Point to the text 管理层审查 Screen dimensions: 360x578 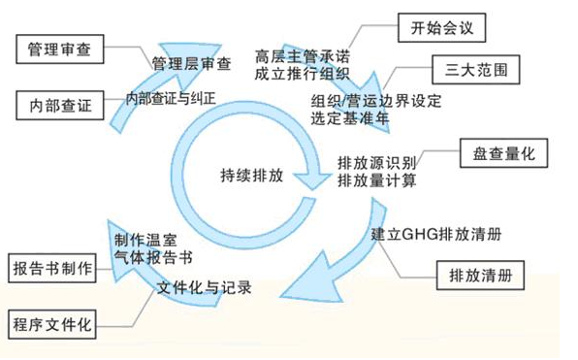[x=192, y=65]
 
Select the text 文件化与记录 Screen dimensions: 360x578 [x=204, y=288]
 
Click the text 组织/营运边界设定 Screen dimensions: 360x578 [x=373, y=100]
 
